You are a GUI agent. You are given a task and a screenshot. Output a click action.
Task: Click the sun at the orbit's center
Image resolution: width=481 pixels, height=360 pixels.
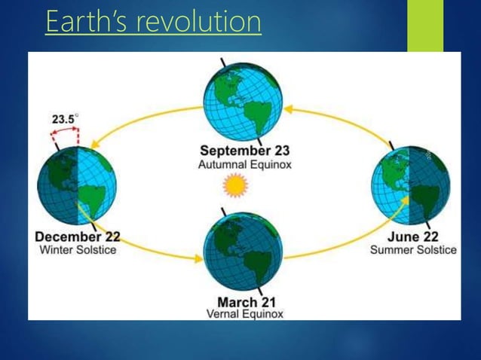(x=236, y=185)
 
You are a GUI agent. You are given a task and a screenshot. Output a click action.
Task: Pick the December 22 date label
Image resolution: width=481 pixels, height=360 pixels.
(x=77, y=236)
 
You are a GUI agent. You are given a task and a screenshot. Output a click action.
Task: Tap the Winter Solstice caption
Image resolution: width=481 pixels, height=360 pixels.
(x=76, y=249)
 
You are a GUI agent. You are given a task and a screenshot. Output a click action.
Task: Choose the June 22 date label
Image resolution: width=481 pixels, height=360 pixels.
(x=412, y=236)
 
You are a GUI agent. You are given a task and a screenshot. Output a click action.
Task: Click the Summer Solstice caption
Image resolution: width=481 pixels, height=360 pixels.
(x=413, y=249)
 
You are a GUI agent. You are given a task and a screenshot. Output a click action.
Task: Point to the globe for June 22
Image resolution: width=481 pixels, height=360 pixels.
(x=410, y=185)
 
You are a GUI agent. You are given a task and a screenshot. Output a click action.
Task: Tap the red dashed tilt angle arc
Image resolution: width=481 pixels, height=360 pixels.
(x=64, y=133)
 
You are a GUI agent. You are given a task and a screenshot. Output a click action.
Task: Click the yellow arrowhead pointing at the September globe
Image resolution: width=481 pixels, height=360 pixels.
(x=289, y=110)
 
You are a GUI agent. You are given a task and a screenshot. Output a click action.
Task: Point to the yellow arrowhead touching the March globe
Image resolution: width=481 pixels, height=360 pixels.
(x=199, y=259)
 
